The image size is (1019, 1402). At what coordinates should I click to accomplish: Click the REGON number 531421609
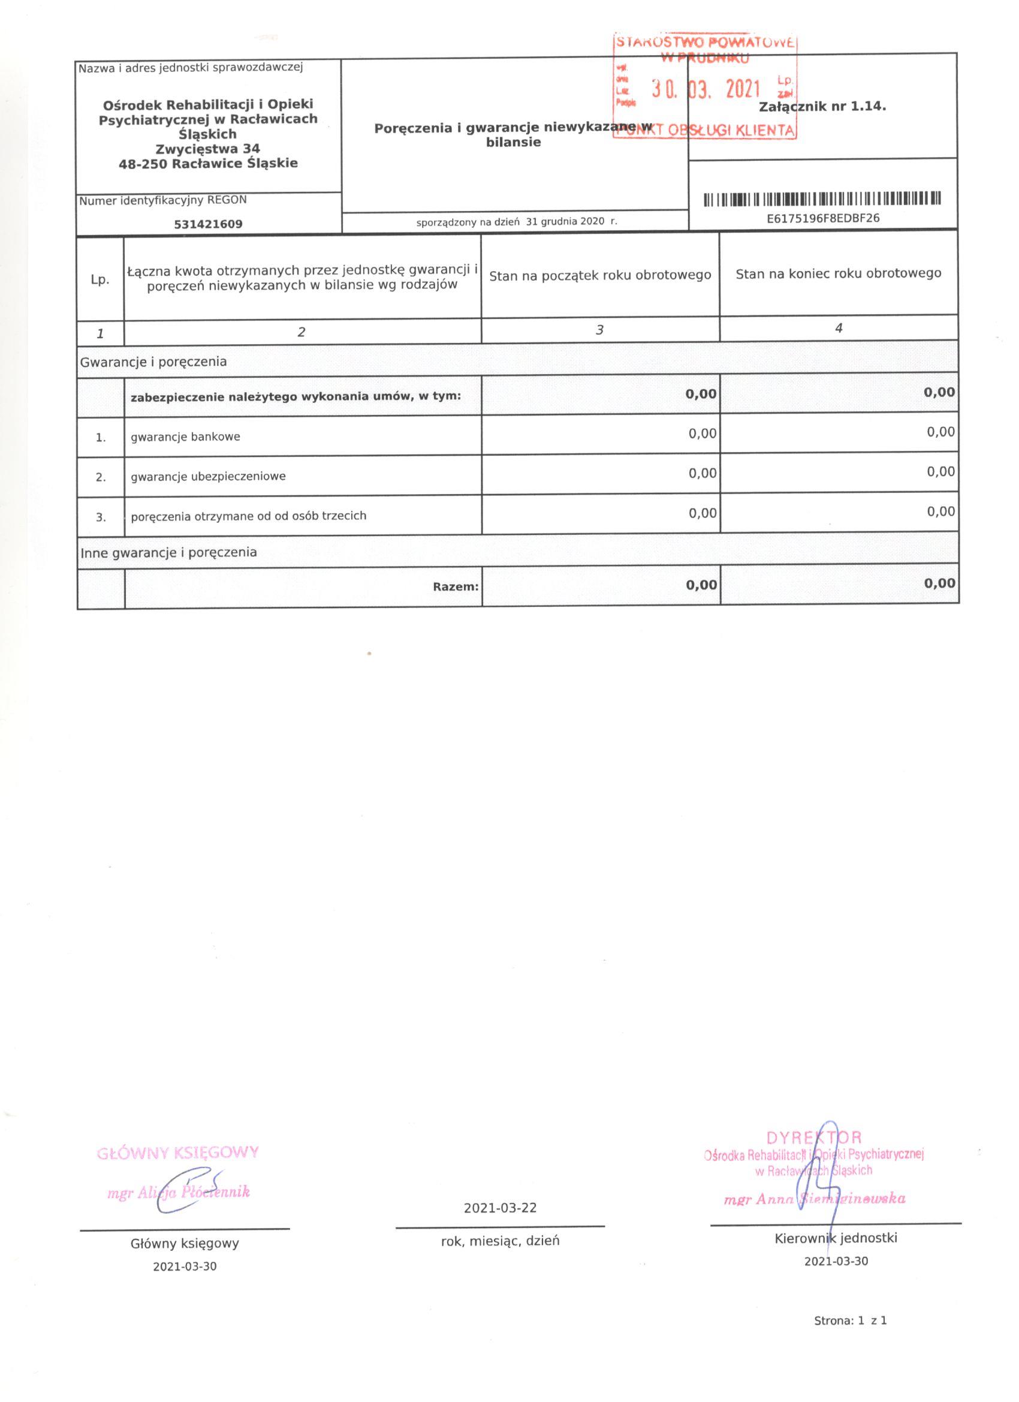(208, 224)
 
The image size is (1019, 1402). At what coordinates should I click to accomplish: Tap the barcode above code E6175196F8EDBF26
(822, 199)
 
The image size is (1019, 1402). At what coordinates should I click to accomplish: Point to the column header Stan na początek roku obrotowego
(600, 275)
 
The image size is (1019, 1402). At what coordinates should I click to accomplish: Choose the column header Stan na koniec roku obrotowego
(838, 273)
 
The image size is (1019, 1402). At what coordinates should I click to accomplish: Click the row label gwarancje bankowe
(185, 437)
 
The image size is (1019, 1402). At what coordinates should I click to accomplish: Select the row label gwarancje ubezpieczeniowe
(208, 477)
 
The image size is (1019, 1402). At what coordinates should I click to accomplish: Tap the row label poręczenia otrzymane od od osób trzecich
(248, 516)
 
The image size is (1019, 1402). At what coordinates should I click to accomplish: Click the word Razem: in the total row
(456, 586)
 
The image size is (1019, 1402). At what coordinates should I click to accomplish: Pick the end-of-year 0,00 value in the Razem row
(940, 583)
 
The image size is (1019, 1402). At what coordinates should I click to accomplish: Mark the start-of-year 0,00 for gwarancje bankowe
(703, 434)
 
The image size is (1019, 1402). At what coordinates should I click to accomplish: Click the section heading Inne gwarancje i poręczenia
(168, 552)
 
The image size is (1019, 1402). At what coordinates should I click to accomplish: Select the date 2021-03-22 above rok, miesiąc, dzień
(500, 1208)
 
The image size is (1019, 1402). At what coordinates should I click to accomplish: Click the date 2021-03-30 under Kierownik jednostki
(836, 1261)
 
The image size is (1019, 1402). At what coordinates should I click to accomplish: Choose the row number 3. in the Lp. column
(101, 517)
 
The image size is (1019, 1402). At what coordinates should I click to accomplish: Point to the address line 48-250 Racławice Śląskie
(208, 164)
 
